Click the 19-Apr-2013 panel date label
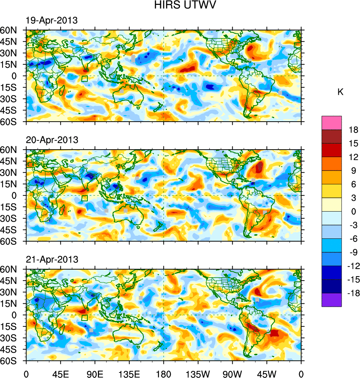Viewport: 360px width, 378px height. coord(52,21)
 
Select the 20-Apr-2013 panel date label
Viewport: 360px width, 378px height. coord(52,140)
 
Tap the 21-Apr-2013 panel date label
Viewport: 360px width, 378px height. coord(52,259)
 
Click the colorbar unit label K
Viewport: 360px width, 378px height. coord(340,92)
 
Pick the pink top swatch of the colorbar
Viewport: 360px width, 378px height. coord(332,122)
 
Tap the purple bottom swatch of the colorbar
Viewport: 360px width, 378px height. coord(332,300)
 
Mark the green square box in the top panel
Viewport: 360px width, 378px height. coord(85,79)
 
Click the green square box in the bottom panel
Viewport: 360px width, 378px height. coord(85,318)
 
